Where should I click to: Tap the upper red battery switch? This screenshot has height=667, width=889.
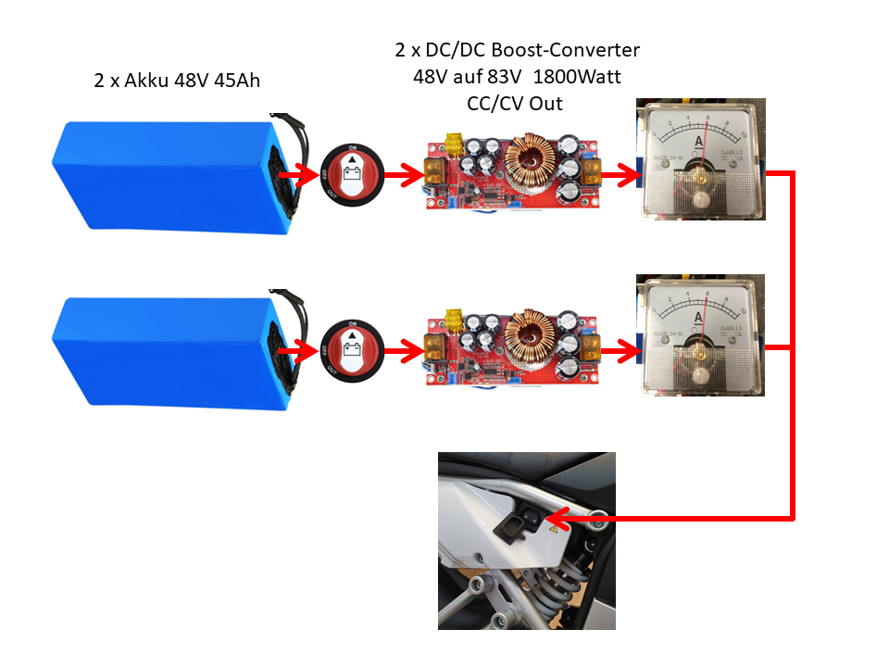click(x=351, y=173)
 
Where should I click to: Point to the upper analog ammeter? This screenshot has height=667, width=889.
click(x=701, y=160)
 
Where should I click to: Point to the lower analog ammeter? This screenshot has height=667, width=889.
click(x=701, y=335)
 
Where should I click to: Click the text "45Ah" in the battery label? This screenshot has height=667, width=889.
click(x=236, y=82)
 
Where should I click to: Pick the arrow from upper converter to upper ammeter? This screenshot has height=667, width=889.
click(x=621, y=173)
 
